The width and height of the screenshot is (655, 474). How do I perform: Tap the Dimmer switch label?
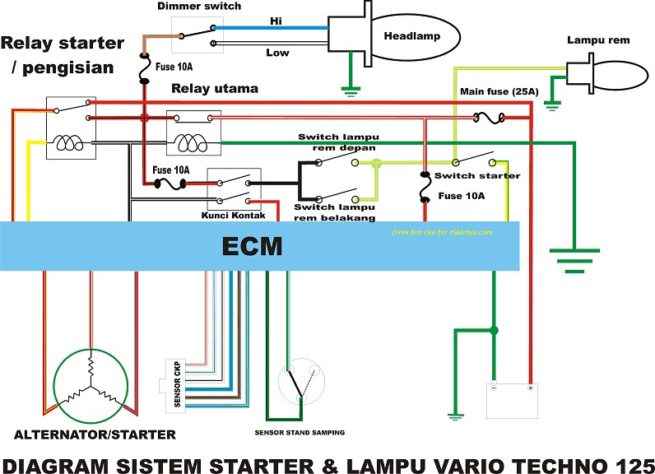(x=198, y=7)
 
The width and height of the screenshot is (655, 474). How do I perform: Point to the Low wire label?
(x=277, y=53)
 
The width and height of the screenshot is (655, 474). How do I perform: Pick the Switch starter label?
(x=477, y=176)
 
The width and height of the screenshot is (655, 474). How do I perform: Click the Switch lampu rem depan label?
(x=337, y=142)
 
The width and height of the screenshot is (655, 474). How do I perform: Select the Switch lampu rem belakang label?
(x=335, y=212)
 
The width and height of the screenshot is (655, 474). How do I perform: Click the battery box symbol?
(x=513, y=399)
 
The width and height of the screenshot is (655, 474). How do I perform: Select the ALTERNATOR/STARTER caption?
(x=95, y=434)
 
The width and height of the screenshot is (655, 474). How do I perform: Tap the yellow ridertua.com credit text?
(x=443, y=232)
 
